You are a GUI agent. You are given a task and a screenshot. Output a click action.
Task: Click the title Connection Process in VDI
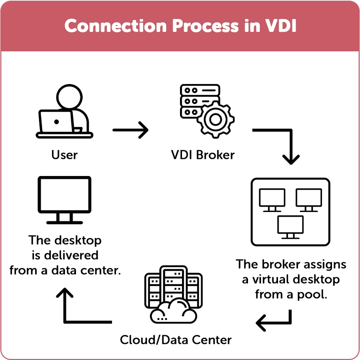pos(180,26)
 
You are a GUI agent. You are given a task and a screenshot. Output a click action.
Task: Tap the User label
pos(64,154)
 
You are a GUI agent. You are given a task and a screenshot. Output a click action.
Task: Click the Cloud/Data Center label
pos(176,340)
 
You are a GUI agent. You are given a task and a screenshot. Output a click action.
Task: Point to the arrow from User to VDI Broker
pos(130,130)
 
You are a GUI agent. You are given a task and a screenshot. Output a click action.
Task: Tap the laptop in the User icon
pos(56,122)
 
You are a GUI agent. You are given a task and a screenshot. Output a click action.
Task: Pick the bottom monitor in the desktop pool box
pos(290,226)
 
